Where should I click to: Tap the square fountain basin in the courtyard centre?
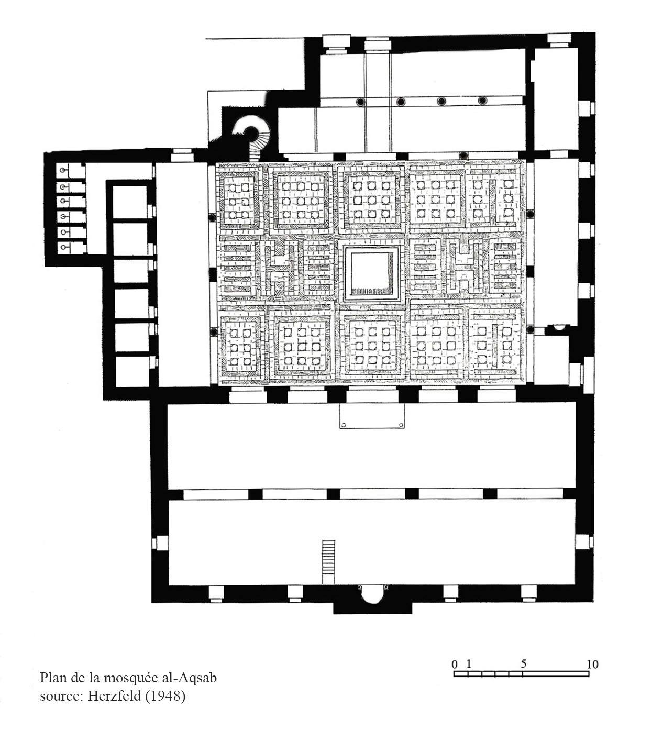(x=371, y=273)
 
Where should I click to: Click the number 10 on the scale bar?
(x=592, y=665)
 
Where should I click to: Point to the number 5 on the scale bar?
(x=524, y=664)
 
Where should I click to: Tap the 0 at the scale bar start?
(x=455, y=665)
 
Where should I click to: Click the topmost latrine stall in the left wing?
(x=71, y=170)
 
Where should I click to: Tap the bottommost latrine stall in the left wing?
(x=72, y=248)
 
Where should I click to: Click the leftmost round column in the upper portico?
(x=360, y=102)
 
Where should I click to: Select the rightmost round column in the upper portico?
(x=482, y=101)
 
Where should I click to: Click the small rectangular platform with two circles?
(x=372, y=416)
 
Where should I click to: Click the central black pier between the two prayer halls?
(x=333, y=494)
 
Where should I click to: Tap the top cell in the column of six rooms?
(x=130, y=202)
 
